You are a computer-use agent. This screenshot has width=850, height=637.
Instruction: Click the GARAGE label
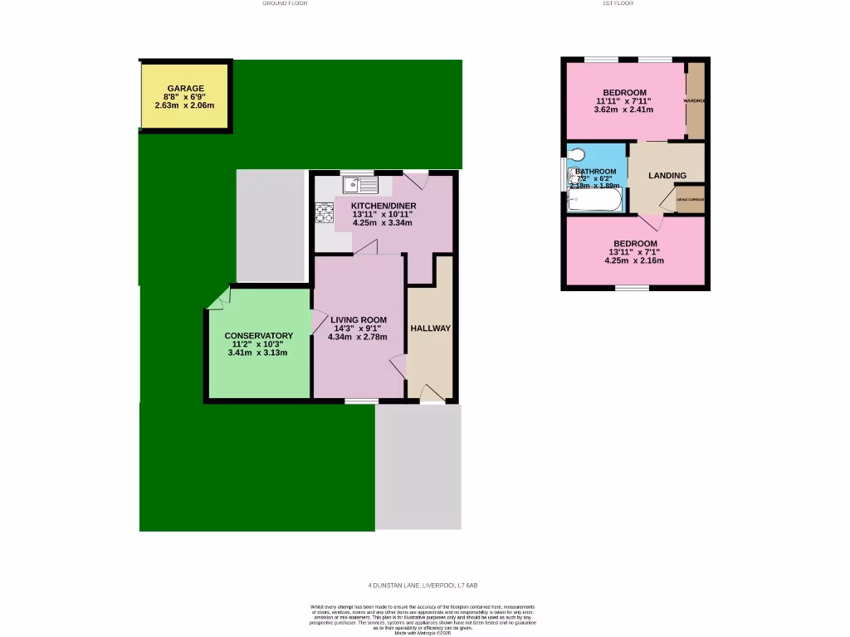coord(185,88)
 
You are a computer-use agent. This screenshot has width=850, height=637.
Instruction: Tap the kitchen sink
coord(359,184)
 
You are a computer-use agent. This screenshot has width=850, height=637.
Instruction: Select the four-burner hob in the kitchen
coord(323,213)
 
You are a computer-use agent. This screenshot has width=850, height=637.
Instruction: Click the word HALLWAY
coord(430,328)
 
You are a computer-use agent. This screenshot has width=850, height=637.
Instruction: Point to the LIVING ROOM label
coord(359,319)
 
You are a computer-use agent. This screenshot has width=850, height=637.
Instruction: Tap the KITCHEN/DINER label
coord(383,206)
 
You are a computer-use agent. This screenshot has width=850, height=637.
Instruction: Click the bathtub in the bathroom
coord(594,200)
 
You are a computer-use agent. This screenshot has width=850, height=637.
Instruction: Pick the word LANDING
coord(667,176)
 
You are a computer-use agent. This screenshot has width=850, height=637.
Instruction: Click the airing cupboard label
coord(690,200)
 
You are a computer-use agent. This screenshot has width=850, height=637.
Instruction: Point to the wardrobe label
coord(694,100)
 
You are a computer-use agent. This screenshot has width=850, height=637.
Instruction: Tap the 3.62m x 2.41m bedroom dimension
coord(623,109)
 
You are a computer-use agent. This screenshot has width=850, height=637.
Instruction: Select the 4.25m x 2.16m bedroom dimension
coord(634,260)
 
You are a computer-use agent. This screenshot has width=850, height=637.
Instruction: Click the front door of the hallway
coord(432,393)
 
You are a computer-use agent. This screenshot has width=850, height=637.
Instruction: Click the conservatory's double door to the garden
coord(218,299)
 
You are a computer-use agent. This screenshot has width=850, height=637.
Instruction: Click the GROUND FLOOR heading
coord(285,3)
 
